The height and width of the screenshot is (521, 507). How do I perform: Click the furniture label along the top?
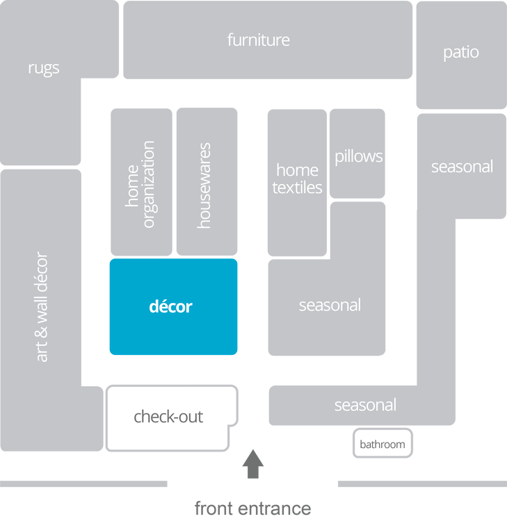(258, 40)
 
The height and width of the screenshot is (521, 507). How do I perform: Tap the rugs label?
(44, 68)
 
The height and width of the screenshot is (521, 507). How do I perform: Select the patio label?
(461, 52)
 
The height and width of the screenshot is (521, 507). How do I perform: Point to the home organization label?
(140, 184)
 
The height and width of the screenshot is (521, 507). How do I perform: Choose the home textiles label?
(297, 179)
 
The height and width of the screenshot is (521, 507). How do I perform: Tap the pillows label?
(358, 156)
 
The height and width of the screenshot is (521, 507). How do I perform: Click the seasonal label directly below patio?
(462, 167)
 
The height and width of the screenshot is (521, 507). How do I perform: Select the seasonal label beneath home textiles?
(330, 305)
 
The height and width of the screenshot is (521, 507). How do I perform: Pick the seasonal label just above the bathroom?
(365, 405)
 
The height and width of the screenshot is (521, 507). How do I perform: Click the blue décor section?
(172, 306)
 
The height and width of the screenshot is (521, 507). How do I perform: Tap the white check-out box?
(169, 417)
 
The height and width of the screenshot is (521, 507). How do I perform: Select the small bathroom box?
(382, 444)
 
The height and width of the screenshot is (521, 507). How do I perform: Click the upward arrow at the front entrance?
(253, 465)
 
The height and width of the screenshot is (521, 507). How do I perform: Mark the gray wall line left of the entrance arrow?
(83, 483)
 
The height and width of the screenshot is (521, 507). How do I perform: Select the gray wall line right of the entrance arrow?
(421, 483)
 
